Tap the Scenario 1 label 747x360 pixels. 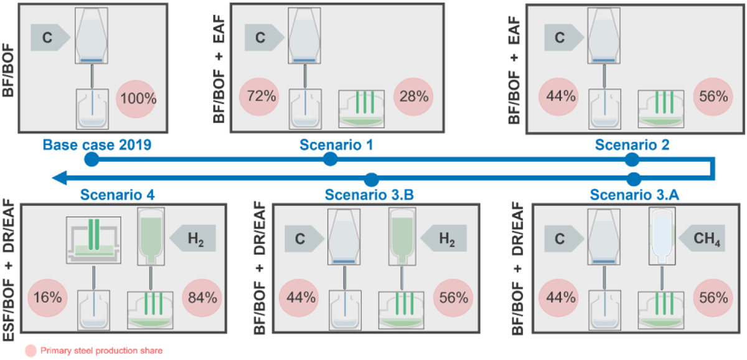[331, 145]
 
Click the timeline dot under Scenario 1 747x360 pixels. [331, 159]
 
